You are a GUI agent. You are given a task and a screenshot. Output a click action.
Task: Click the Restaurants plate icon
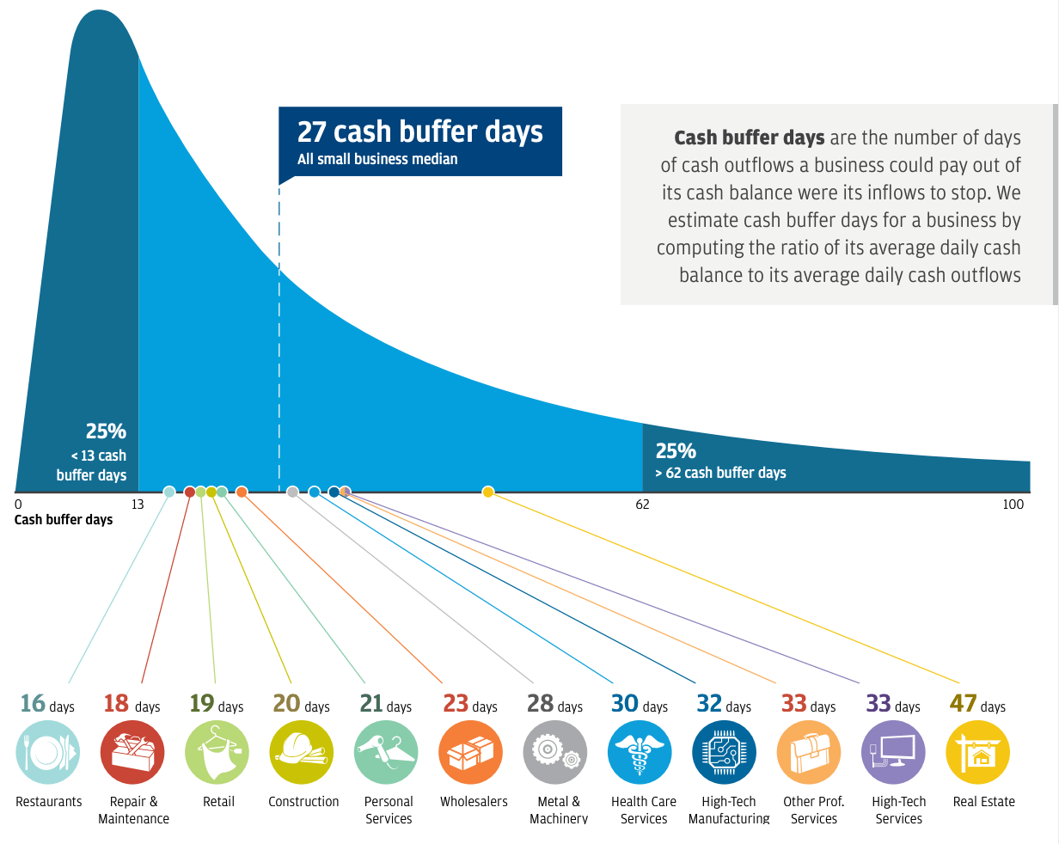[x=48, y=753]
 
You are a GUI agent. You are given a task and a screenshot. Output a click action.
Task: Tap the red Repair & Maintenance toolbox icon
[x=132, y=753]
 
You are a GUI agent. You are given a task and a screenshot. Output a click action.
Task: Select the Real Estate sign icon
[x=978, y=753]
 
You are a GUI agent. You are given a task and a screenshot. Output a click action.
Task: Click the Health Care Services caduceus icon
[x=640, y=753]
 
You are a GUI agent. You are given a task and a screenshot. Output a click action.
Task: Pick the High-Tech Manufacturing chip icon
[x=724, y=753]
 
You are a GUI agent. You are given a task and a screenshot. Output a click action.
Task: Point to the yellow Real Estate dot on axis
[x=488, y=492]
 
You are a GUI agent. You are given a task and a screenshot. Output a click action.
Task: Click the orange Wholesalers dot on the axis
[x=242, y=492]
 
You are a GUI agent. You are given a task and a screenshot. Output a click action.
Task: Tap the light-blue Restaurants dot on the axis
[x=169, y=492]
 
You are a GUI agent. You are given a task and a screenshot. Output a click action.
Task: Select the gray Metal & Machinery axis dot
[x=292, y=492]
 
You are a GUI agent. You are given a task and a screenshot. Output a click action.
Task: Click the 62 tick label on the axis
[x=643, y=505]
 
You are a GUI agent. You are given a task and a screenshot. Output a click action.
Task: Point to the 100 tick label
[x=1013, y=505]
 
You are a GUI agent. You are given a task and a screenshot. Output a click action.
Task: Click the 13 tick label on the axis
[x=138, y=505]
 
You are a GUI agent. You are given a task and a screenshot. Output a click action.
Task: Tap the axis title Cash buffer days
[x=64, y=520]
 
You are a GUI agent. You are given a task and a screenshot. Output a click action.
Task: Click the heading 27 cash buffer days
[x=419, y=131]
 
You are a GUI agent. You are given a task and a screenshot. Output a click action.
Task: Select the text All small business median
[x=377, y=159]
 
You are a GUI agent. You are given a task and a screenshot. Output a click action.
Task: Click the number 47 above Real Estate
[x=963, y=703]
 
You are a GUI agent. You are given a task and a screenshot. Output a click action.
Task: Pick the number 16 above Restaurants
[x=33, y=703]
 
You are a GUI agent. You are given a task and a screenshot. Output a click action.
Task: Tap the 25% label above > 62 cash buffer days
[x=676, y=450]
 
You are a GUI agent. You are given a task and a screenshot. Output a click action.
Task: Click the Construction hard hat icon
[x=302, y=753]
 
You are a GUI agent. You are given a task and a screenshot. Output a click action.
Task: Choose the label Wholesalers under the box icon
[x=474, y=802]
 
